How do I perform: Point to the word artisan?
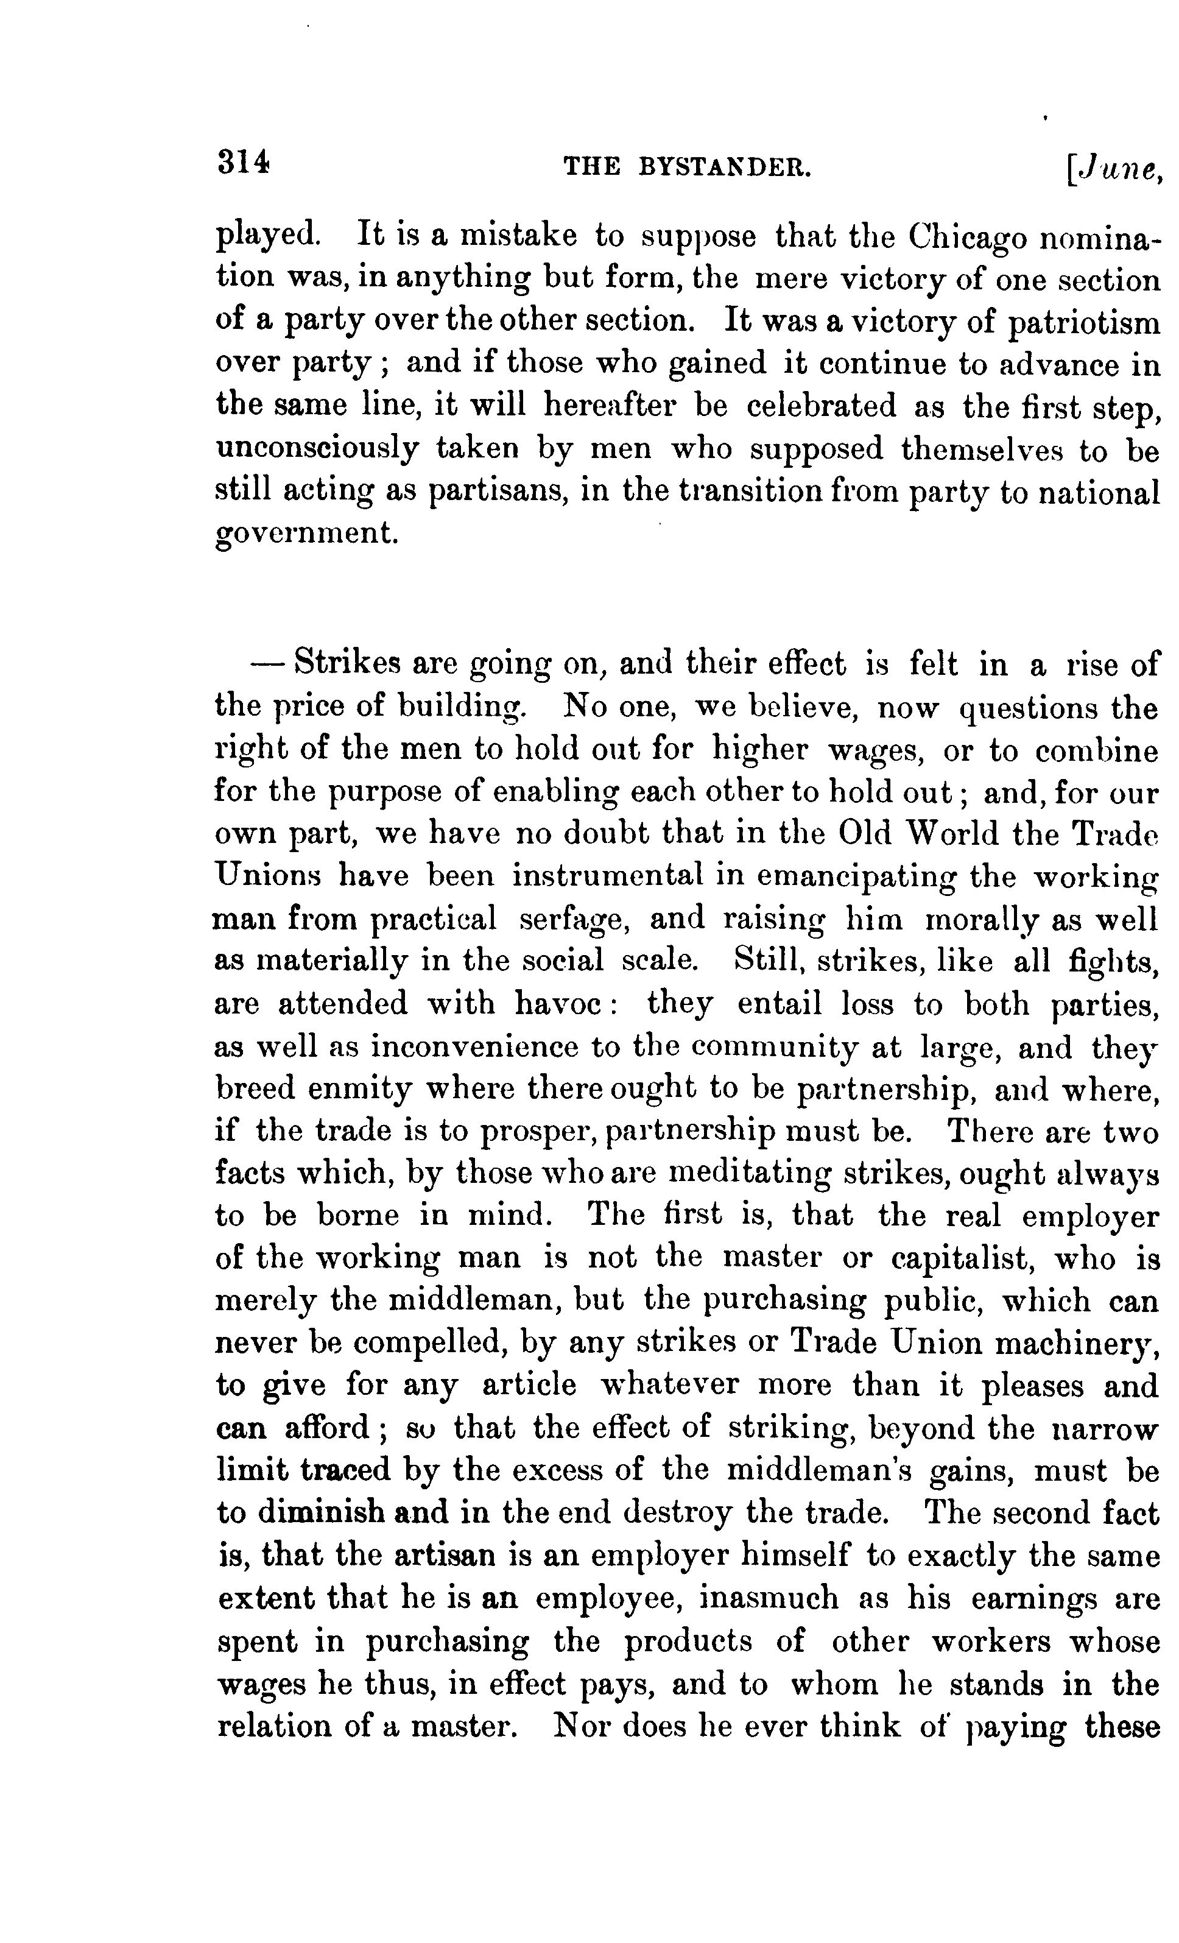tap(445, 1556)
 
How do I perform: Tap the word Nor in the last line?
tap(581, 1726)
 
